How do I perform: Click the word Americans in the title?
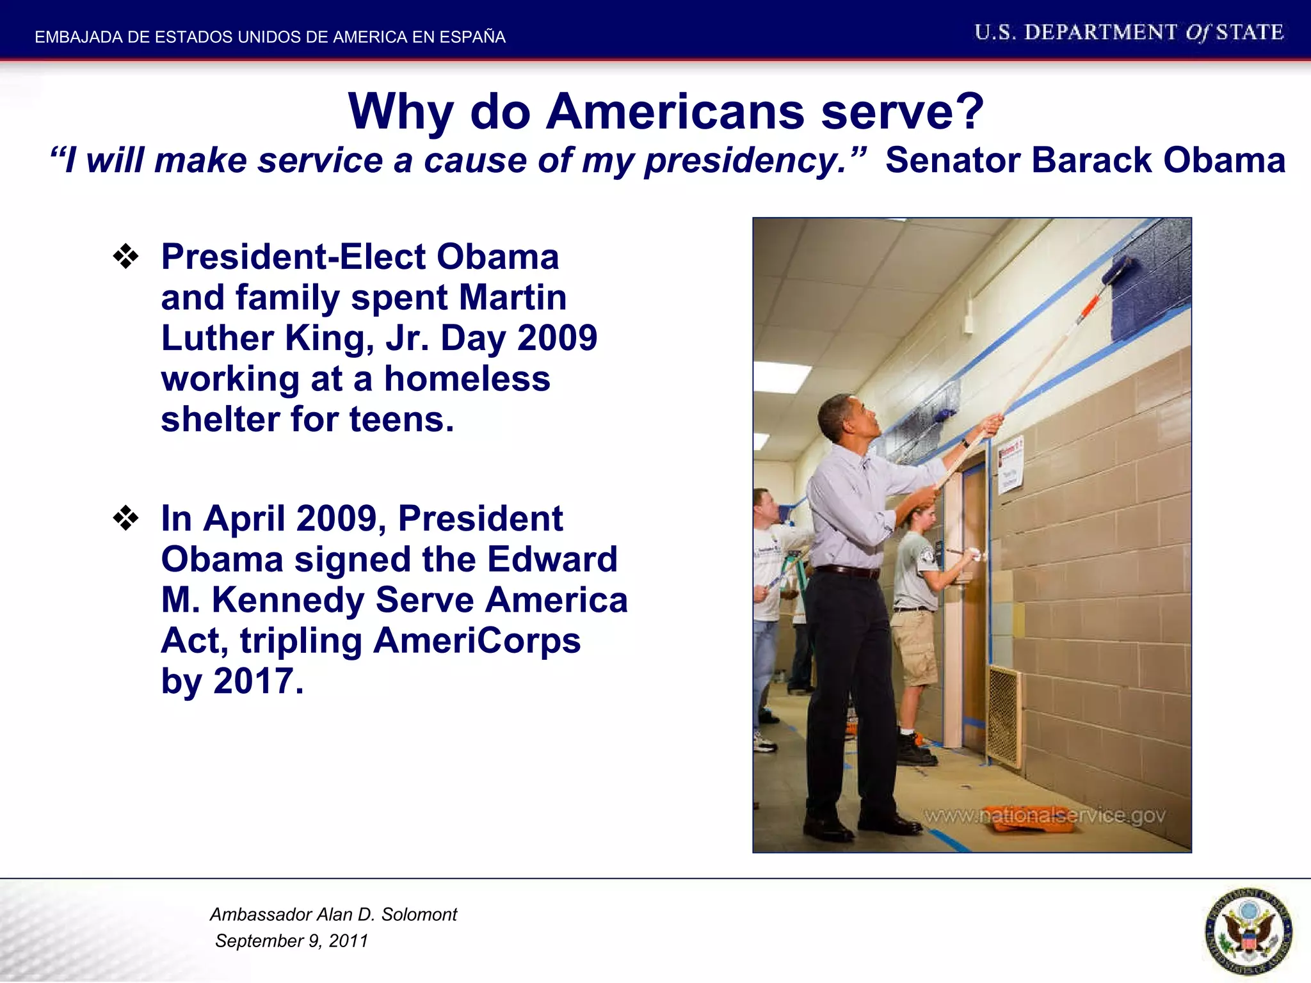675,111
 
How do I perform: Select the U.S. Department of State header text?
1129,33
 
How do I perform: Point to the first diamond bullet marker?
125,257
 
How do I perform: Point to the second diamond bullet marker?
125,518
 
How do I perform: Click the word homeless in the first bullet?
467,379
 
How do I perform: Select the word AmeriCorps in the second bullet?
476,641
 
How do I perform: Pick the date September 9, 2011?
291,941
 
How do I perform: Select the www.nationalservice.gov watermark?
1044,815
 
